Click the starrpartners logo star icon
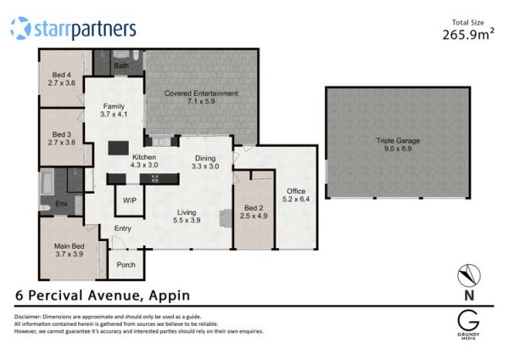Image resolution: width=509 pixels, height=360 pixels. click(x=20, y=28)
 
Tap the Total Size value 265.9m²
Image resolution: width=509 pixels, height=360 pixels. click(x=468, y=34)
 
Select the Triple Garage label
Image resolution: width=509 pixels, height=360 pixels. click(x=398, y=141)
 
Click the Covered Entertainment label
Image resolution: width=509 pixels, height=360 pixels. click(x=201, y=93)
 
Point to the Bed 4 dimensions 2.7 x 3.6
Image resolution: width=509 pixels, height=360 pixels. click(x=62, y=83)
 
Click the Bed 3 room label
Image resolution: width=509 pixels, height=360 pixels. click(x=62, y=134)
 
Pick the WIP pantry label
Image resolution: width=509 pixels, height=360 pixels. click(x=130, y=200)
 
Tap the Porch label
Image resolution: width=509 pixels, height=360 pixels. click(x=126, y=265)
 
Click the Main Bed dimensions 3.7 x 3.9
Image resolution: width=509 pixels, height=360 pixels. click(x=70, y=254)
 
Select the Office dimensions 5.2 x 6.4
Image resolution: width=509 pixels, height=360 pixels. click(x=296, y=200)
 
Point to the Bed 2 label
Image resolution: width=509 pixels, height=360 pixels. click(x=254, y=208)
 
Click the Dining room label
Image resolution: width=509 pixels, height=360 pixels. click(x=205, y=158)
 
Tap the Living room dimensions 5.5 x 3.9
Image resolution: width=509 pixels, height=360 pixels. click(x=187, y=220)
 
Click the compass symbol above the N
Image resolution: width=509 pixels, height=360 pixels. click(x=469, y=276)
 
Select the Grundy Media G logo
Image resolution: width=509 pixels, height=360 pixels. click(x=468, y=321)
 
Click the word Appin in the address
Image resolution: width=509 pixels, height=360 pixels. click(x=170, y=295)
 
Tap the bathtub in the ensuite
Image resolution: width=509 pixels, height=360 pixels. click(x=47, y=182)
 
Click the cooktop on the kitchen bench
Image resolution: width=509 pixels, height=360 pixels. click(x=155, y=178)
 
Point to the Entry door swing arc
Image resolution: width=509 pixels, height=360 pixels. click(x=119, y=241)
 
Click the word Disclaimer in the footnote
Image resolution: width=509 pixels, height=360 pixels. click(x=27, y=317)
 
